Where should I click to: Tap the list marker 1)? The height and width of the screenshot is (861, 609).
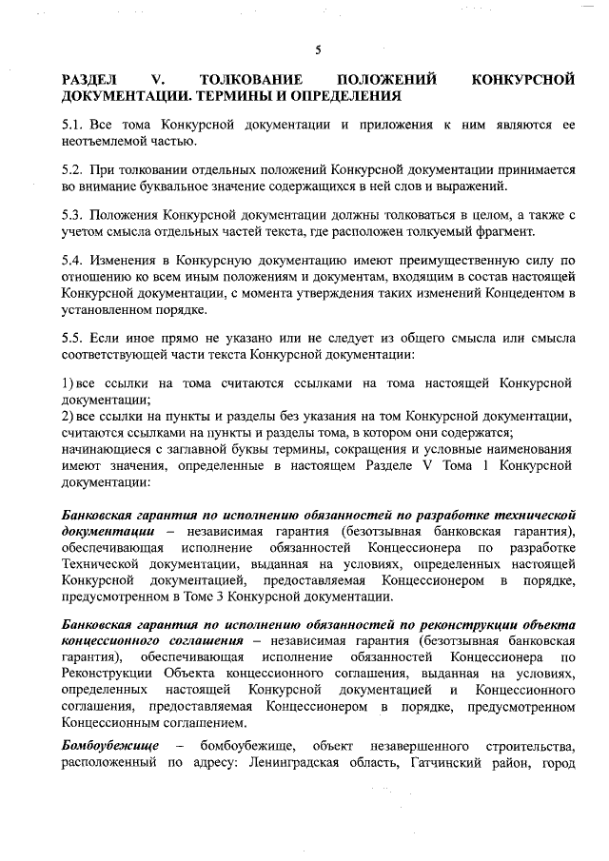click(x=67, y=382)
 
